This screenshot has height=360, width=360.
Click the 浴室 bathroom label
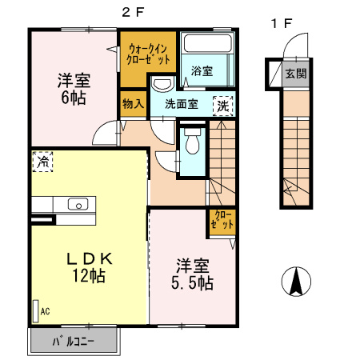tap(202, 71)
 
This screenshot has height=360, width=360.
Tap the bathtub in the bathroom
tap(207, 43)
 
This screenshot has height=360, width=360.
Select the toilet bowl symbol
tap(193, 142)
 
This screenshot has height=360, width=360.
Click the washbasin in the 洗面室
tap(162, 84)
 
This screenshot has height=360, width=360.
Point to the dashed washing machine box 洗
tap(223, 106)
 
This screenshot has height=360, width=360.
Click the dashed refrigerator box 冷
tap(42, 162)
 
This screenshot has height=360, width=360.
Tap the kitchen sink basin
tap(78, 204)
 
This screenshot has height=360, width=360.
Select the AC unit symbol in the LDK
tap(35, 311)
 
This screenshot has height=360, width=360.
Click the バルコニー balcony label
tap(74, 342)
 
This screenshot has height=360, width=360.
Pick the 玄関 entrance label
tap(296, 74)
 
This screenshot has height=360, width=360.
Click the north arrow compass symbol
tap(296, 282)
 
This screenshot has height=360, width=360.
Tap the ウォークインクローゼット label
tap(148, 54)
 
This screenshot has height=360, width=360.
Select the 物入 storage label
tap(134, 104)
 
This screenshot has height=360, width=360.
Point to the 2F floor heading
tap(133, 12)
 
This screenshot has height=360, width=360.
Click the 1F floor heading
tap(282, 23)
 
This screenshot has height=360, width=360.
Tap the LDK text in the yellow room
tap(90, 258)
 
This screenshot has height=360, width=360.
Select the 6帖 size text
tap(74, 98)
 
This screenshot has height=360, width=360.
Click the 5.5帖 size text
tap(192, 283)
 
